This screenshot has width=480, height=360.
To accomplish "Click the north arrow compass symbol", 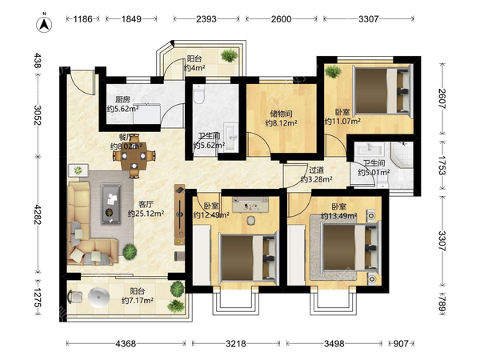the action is tap(44, 23).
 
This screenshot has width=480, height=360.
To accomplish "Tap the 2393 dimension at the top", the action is tap(206, 19).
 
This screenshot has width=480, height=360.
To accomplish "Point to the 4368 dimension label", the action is tap(126, 343).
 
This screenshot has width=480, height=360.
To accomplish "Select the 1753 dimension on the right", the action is tap(442, 166).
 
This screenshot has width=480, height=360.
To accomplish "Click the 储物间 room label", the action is tap(281, 114).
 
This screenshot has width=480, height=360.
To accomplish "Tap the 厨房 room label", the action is tap(122, 99).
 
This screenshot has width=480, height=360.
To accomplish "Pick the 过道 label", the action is tap(316, 170).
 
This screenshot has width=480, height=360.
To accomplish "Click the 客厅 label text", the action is tap(146, 204).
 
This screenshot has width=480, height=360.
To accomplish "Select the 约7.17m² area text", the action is tap(138, 301).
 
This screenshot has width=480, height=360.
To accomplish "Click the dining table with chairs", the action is tap(134, 156).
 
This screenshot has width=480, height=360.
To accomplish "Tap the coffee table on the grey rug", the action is tap(111, 204).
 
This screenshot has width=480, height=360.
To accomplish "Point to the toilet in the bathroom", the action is tap(199, 94).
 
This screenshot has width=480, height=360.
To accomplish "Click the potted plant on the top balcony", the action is tap(229, 55).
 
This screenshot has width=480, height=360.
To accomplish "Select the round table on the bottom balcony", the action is tap(98, 297).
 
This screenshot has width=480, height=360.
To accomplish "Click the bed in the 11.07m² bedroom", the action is tap(382, 90).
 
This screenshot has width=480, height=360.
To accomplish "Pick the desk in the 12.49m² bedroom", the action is tap(250, 205).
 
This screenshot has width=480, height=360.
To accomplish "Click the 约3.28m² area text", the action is tap(316, 179).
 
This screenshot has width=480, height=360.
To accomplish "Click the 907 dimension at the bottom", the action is tap(401, 343).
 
